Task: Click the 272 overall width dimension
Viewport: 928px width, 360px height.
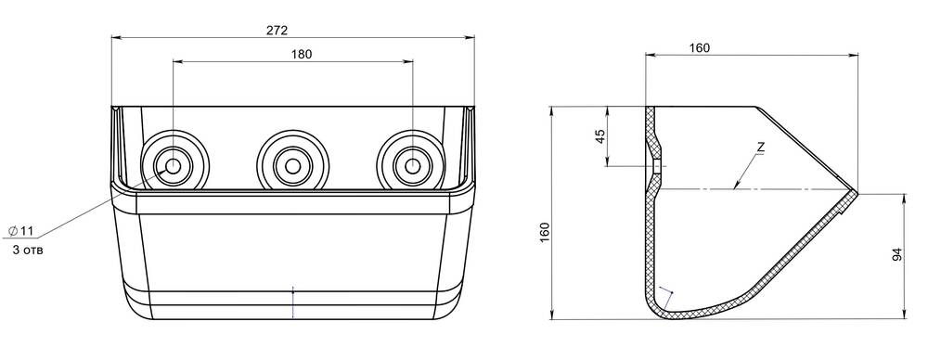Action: point(277,31)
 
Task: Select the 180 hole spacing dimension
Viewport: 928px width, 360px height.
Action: point(302,54)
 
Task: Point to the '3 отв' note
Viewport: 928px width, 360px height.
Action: point(28,251)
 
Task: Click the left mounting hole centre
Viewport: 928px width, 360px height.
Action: point(174,166)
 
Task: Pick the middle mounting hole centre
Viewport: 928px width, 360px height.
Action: point(292,166)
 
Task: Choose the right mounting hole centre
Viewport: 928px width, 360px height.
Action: point(412,166)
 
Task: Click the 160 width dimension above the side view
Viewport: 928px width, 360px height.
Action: point(700,48)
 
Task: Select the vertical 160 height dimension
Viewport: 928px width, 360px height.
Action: point(545,232)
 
